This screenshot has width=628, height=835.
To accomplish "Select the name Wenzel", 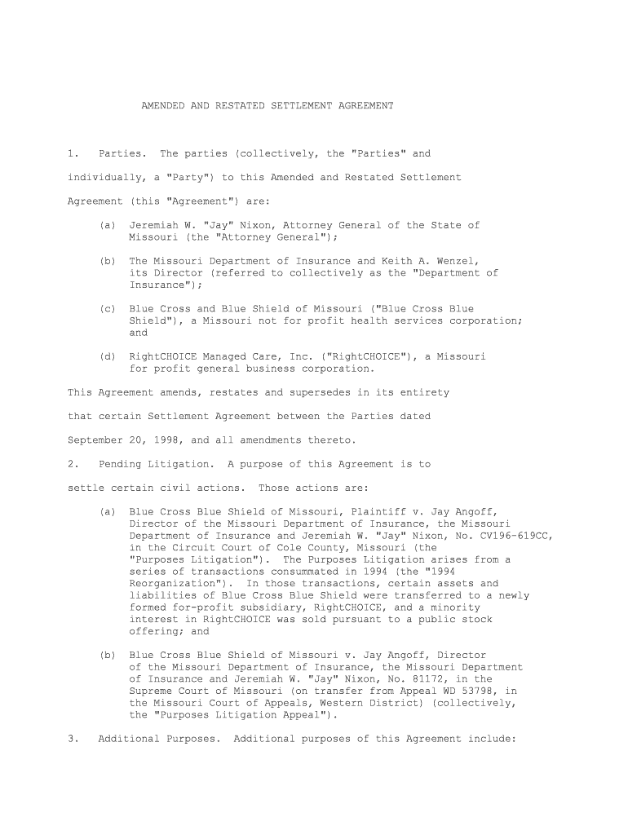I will tap(458, 261).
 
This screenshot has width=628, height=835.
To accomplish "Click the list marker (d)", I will tap(107, 356).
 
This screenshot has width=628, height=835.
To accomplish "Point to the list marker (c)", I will tap(107, 309).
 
